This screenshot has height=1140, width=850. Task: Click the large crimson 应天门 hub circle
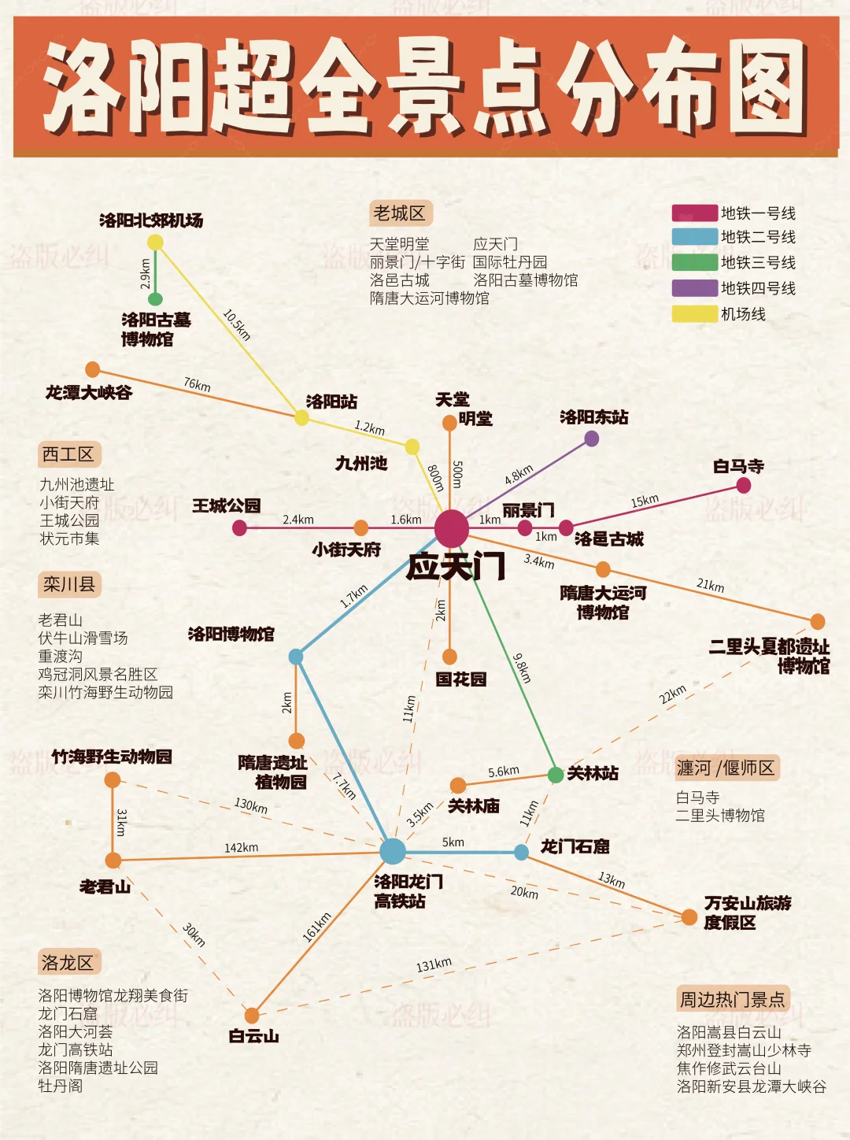[x=452, y=527]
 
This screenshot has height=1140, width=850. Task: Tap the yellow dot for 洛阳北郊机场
[x=156, y=242]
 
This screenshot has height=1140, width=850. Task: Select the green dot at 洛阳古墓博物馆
[x=156, y=299]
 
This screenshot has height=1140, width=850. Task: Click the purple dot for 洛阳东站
[x=592, y=439]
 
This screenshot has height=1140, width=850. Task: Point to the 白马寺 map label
[x=738, y=466]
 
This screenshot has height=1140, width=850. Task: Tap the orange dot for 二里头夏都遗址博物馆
[x=818, y=621]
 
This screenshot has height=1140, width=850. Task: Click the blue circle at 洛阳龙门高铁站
[x=392, y=851]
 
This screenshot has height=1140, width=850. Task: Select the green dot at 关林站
[x=556, y=775]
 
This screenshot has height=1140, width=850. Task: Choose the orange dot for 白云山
[x=252, y=1015]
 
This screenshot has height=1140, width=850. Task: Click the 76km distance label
[x=197, y=385]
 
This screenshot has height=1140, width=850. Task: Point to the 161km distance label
[x=316, y=927]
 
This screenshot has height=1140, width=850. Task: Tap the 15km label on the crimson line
[x=645, y=501]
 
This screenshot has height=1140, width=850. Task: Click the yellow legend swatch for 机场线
[x=694, y=314]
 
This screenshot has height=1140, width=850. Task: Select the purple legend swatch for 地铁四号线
[x=694, y=288]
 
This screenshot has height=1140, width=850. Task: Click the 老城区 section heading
[x=400, y=213]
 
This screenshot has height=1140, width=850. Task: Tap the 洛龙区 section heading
[x=68, y=962]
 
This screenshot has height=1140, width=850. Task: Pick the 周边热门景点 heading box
[x=732, y=1000]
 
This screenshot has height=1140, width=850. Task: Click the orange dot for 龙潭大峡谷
[x=93, y=369]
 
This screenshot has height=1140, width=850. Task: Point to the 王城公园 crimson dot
[x=240, y=527]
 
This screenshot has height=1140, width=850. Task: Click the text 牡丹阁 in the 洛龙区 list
[x=61, y=1086]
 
